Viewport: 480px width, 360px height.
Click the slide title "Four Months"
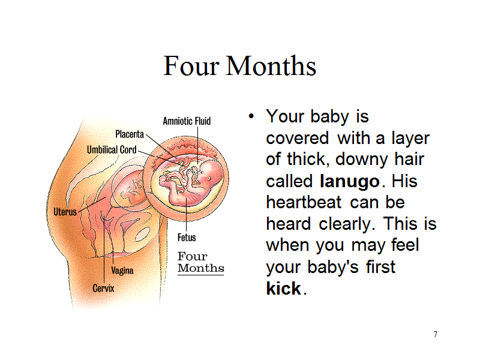coord(239,65)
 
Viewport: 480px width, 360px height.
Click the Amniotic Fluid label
coord(187,121)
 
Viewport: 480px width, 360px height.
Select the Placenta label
coord(130,134)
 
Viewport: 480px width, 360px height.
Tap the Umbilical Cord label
coord(112,149)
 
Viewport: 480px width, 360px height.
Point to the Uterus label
coord(65,212)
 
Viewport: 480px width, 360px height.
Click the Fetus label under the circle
coord(187,237)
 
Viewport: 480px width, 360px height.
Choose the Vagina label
coord(122,271)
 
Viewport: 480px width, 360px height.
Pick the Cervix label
coord(103,289)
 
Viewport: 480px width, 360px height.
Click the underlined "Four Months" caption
coord(201,262)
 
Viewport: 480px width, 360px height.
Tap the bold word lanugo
coord(350,182)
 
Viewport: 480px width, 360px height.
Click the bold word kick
coord(284,289)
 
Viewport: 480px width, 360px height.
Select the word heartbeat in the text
coord(304,203)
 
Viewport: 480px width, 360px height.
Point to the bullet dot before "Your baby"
coord(251,116)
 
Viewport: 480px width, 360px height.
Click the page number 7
coord(436,334)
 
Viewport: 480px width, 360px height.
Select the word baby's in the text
coord(333,267)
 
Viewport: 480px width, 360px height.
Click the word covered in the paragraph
coord(298,139)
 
